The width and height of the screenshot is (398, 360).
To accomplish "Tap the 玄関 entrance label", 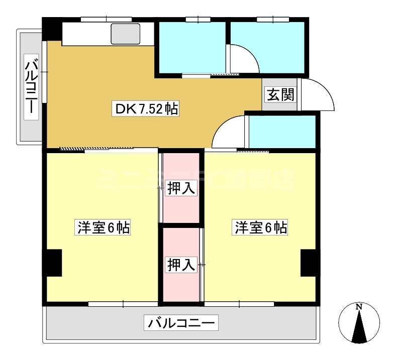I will point(280,94).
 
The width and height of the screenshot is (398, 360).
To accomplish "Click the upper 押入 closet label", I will point(181,188).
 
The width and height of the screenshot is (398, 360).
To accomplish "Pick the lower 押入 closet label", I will point(181,264).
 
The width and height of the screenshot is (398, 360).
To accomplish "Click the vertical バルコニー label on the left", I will point(32,87).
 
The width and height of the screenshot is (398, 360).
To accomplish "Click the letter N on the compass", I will point(359,307).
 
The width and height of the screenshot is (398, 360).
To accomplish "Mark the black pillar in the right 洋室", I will point(310,263).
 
